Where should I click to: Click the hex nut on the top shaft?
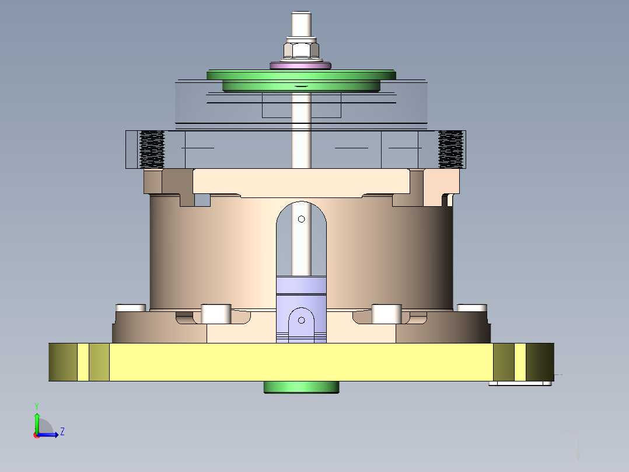point(300,48)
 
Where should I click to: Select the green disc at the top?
point(300,76)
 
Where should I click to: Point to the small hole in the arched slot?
point(301,219)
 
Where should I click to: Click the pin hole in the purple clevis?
point(301,320)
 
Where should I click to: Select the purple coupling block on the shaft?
point(301,290)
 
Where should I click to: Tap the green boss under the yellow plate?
point(301,387)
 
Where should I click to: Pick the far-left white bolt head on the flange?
point(131,308)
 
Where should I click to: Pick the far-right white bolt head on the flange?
point(471,308)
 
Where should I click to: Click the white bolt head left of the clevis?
point(216,314)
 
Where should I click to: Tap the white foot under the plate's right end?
point(520,384)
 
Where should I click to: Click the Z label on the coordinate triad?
point(62,432)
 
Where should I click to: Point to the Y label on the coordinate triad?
point(36,405)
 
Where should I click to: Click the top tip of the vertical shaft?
point(300,15)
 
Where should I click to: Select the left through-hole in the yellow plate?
point(83,362)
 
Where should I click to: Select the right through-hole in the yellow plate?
point(519,362)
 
